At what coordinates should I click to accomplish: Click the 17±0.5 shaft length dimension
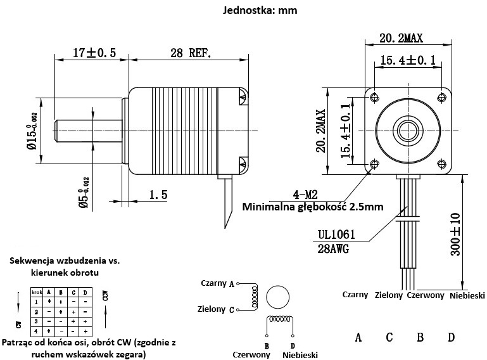93,53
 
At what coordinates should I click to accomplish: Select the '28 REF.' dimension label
190,53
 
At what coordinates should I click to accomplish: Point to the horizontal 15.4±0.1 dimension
408,61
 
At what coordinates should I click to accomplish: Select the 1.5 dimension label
158,195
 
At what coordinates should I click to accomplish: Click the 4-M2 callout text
306,194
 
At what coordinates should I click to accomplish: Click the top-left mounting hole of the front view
375,97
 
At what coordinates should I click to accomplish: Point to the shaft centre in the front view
408,131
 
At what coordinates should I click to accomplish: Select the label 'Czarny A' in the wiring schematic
217,283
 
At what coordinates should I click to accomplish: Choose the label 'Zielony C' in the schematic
216,309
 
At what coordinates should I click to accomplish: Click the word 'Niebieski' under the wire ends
467,295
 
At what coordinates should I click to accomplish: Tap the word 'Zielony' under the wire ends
389,295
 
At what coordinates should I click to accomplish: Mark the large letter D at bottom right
451,337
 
